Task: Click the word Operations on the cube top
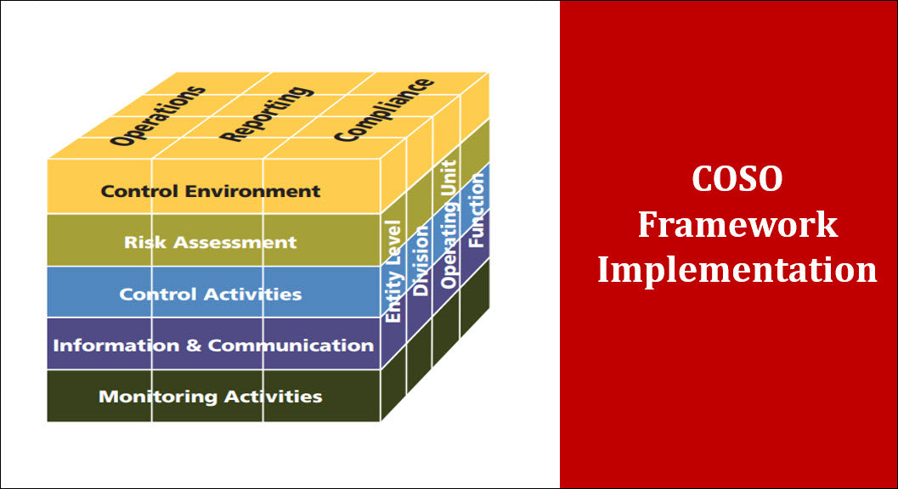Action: tap(159, 115)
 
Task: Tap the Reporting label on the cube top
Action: tap(263, 112)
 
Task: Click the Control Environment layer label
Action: tap(211, 191)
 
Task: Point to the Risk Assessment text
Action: tap(210, 242)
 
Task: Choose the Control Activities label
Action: tap(210, 295)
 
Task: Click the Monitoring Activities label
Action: tap(210, 396)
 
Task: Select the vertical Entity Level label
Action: tap(393, 272)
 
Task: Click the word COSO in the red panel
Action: tap(737, 179)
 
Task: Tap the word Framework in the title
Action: tap(737, 225)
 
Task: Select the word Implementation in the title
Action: tap(737, 270)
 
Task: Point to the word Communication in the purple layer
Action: tap(291, 346)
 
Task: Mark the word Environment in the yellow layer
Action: tap(261, 191)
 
